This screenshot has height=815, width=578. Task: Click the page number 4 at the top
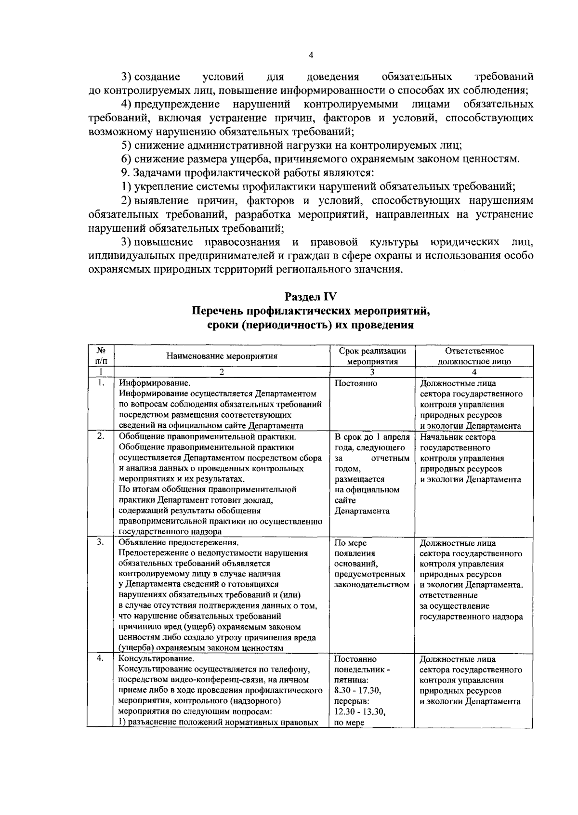click(311, 56)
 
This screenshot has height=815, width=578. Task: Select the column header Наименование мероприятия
click(222, 356)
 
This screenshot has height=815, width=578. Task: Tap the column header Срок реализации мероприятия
click(372, 356)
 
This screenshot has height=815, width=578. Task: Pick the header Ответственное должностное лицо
click(474, 356)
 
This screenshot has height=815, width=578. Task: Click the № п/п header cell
click(101, 356)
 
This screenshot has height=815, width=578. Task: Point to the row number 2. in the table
click(100, 437)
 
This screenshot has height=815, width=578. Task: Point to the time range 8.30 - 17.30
click(357, 691)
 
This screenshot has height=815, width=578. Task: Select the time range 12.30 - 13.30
click(360, 712)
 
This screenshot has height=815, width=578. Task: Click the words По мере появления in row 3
click(351, 548)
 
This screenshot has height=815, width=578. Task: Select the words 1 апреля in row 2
click(392, 437)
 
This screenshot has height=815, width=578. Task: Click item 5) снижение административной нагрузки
click(291, 145)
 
